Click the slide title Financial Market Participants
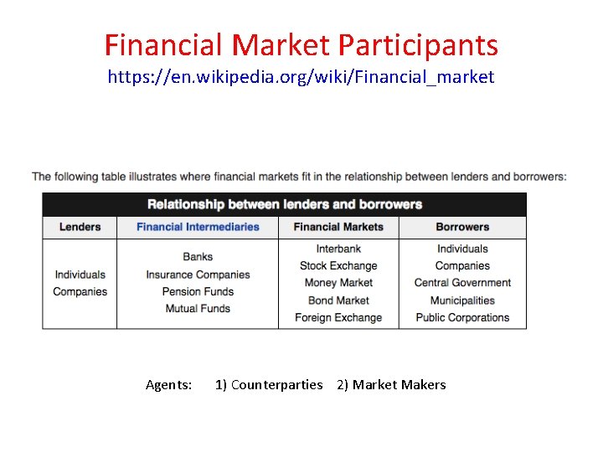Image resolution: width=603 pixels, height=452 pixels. coord(301,44)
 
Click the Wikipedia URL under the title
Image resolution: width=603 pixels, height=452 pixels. coord(301,77)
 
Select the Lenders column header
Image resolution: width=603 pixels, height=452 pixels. coord(80,227)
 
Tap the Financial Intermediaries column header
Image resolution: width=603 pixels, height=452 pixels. coord(198,227)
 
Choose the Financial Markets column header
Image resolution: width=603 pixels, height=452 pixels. coord(338,227)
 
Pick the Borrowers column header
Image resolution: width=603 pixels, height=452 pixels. coord(462,227)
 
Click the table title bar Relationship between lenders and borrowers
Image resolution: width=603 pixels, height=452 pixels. coord(285,204)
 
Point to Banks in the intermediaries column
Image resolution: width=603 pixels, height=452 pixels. coord(198,257)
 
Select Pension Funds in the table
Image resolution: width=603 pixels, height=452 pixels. coord(198,291)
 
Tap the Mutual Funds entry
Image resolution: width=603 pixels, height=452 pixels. coord(198,309)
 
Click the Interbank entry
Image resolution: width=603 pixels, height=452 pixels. coord(338,249)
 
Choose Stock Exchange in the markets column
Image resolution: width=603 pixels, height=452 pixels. coord(338,266)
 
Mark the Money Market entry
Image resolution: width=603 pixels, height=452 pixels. coord(338,283)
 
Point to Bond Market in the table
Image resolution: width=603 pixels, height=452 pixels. coord(338,300)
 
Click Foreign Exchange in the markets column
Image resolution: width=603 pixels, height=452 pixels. coord(338,318)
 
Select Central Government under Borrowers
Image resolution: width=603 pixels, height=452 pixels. coord(462,283)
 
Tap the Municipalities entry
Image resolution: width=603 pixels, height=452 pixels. coord(462,300)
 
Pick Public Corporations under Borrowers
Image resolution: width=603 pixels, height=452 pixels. coord(462,318)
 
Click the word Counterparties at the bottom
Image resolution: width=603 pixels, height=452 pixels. coord(276,385)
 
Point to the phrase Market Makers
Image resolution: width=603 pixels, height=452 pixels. coord(399,385)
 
